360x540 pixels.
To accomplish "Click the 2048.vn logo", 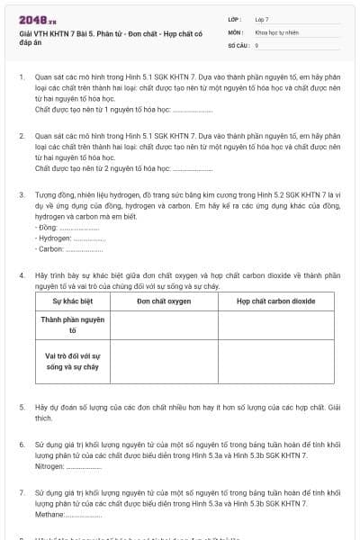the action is [38, 19].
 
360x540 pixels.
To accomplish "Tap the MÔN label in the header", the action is [236, 31].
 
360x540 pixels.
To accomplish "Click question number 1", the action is [22, 77].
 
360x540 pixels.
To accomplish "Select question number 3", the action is [22, 193].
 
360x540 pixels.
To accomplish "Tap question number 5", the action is [22, 408].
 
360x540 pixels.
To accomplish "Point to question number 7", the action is [22, 494].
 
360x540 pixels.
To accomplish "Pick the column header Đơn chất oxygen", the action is [164, 301].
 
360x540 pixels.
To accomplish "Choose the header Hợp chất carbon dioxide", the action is [275, 301].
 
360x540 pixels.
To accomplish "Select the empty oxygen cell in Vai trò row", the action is [164, 362].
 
